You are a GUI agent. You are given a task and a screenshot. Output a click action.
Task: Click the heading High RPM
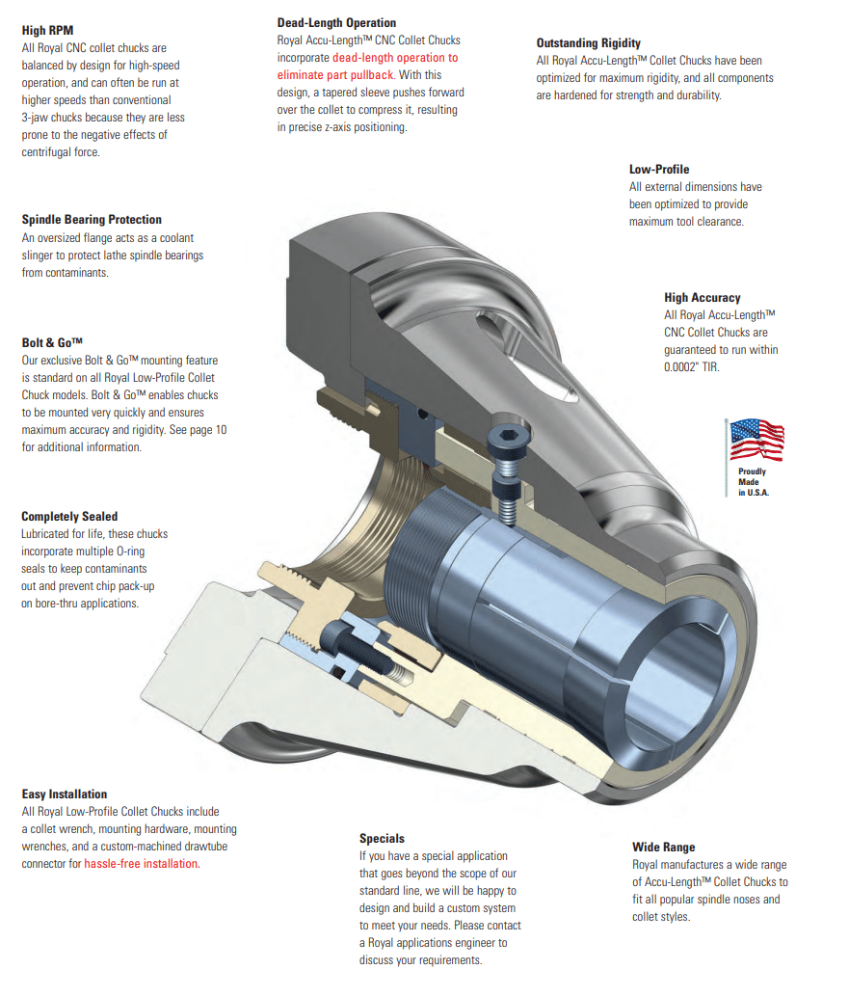point(47,30)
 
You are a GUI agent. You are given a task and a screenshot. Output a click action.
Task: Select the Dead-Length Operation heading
point(335,22)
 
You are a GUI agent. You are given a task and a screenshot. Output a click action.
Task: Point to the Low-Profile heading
point(659,170)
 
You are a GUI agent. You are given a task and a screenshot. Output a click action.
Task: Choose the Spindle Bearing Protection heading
point(92,220)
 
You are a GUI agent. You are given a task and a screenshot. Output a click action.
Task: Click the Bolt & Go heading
point(52,342)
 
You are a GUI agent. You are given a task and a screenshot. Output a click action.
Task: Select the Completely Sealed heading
point(69,517)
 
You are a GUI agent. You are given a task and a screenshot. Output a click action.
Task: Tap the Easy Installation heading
point(65,794)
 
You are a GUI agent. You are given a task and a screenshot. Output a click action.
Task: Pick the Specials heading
point(382,839)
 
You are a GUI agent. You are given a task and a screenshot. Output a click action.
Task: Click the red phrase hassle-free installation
point(142,864)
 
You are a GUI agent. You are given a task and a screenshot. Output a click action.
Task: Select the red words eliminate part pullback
point(335,74)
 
